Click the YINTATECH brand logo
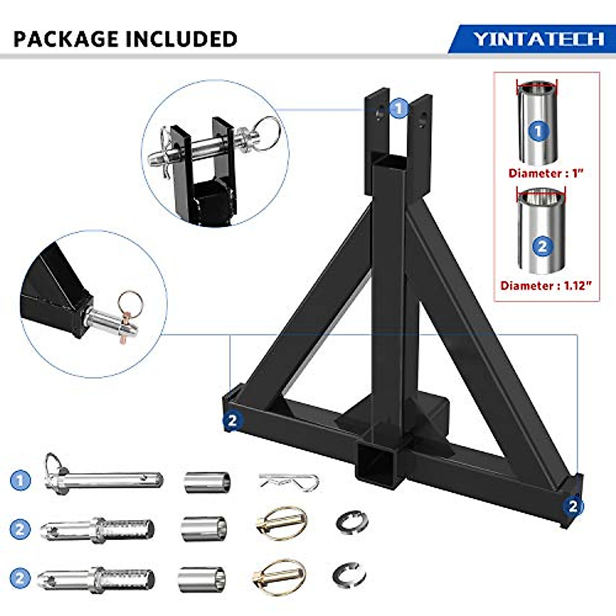click(538, 39)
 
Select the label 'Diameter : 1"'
click(546, 173)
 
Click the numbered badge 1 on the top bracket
click(399, 108)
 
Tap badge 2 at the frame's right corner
click(573, 506)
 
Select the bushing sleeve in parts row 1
click(207, 482)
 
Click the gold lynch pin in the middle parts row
click(281, 523)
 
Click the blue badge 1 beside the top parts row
click(21, 481)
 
